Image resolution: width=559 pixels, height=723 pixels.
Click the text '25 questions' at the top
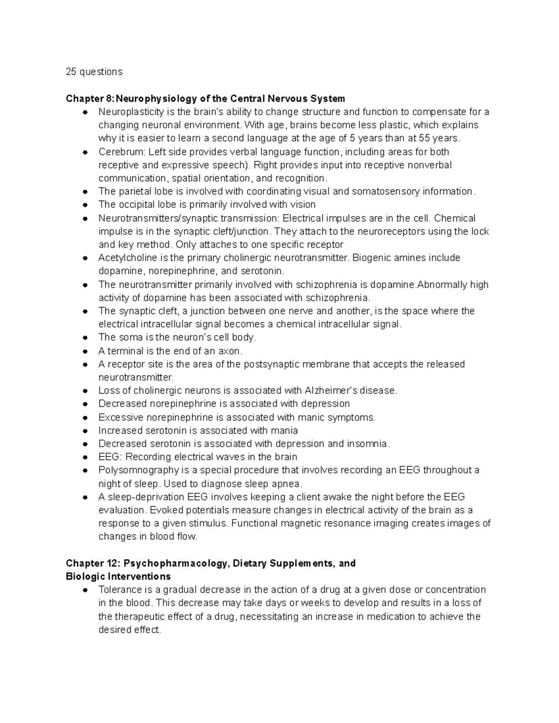point(94,72)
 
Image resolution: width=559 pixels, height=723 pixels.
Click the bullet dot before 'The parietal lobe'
point(85,192)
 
